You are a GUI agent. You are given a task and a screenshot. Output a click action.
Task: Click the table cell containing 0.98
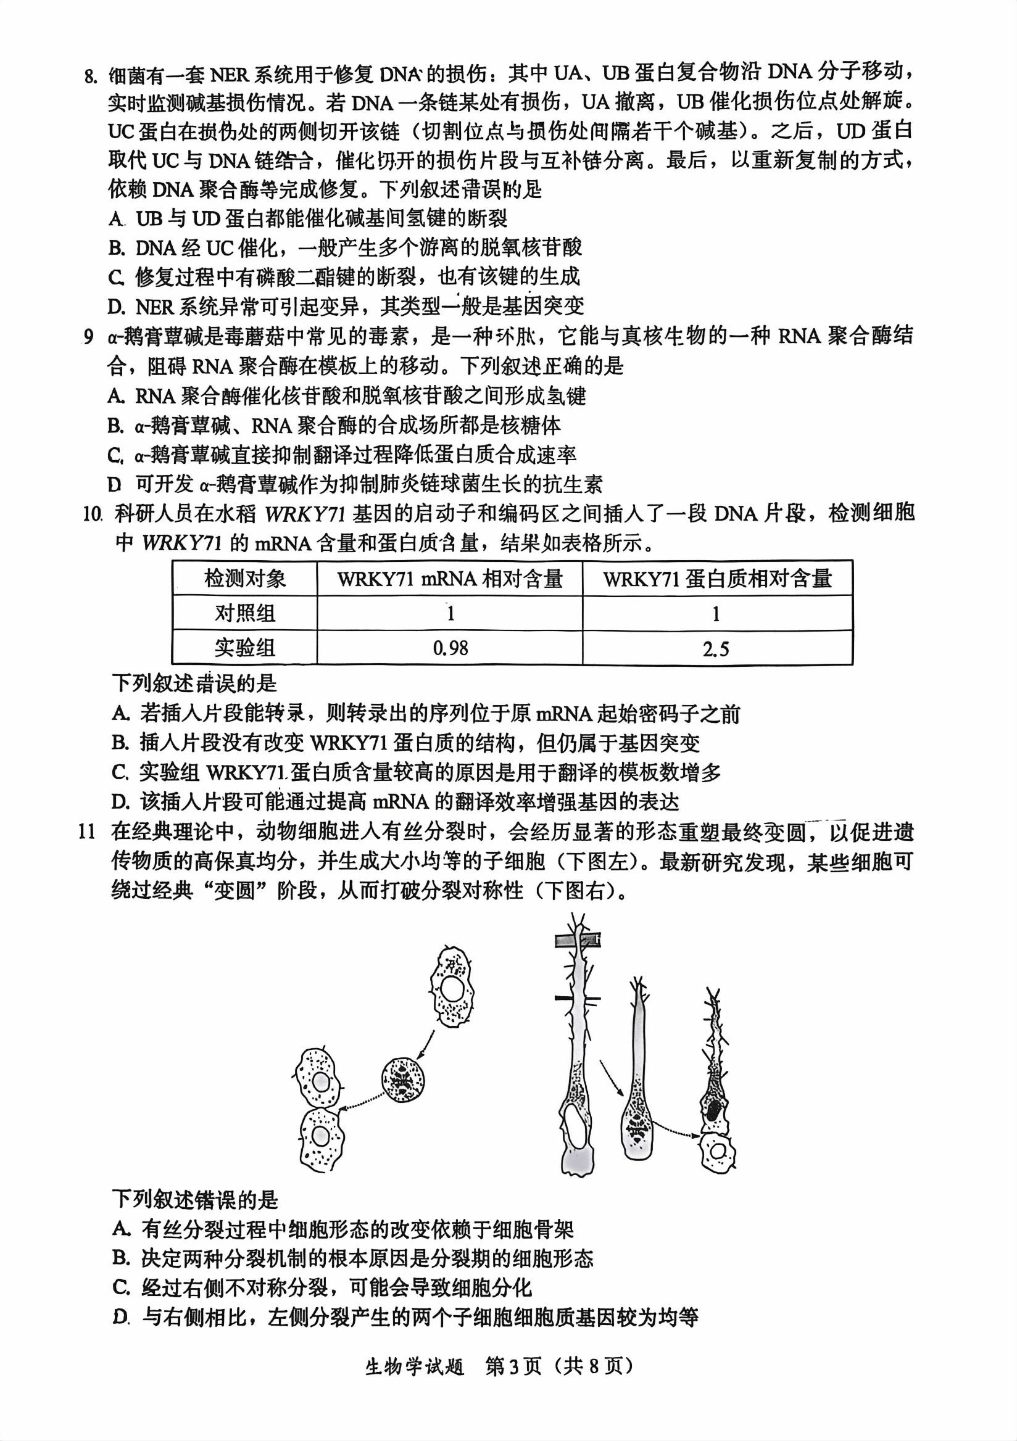point(450,648)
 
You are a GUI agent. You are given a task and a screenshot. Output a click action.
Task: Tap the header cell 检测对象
point(245,578)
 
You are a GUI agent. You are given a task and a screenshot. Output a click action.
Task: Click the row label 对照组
point(245,613)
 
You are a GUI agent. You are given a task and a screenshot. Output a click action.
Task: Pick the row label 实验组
point(245,648)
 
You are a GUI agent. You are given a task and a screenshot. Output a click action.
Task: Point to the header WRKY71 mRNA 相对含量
point(449,578)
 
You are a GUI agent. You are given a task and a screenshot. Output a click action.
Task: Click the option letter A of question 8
point(115,219)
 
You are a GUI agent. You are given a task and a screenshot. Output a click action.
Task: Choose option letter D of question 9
point(114,484)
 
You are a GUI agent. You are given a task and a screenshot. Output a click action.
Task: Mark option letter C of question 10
point(120,772)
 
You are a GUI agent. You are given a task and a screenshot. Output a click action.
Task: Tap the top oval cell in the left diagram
point(451,988)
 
